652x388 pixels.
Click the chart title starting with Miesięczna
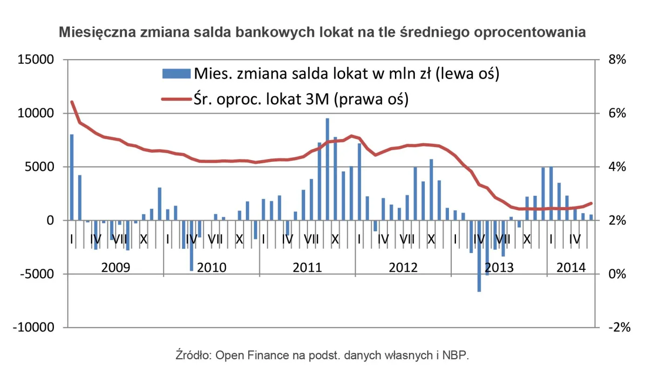pos(322,33)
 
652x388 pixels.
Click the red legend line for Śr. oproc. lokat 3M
pos(176,99)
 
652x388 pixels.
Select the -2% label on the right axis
pos(618,328)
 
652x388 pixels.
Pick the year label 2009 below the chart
pos(115,268)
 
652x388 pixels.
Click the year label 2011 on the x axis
pos(307,268)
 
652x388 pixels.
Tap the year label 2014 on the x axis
pos(571,268)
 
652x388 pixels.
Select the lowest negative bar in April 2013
pos(479,256)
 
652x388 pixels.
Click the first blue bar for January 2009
pos(72,177)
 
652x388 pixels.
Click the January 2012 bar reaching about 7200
pos(359,182)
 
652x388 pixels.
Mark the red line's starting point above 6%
pos(72,102)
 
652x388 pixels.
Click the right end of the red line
pos(591,203)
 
